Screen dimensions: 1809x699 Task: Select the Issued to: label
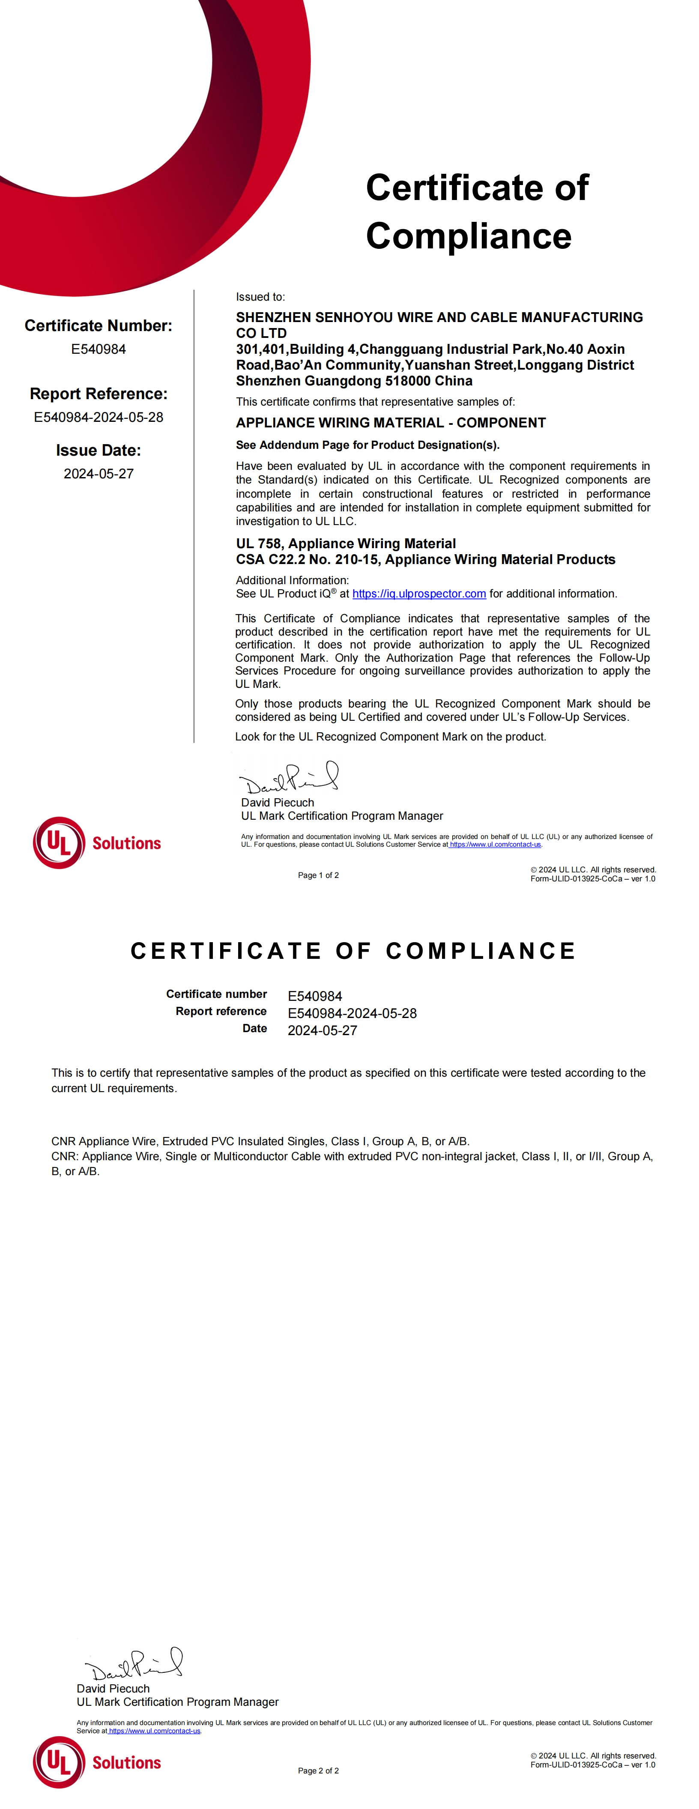point(260,297)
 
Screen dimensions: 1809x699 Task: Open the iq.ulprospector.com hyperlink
point(419,594)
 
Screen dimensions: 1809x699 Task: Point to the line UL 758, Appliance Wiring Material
point(346,543)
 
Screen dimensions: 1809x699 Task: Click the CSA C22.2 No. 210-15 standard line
point(425,560)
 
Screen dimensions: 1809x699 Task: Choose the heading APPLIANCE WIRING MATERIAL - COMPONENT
point(391,423)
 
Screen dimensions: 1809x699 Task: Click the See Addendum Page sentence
point(367,445)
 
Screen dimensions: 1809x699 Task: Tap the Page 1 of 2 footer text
point(318,875)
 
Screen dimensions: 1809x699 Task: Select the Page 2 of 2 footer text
point(318,1770)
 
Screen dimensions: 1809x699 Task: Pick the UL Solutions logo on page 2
point(97,1763)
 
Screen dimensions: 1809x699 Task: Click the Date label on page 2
point(254,1029)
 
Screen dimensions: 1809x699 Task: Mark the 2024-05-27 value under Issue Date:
point(99,474)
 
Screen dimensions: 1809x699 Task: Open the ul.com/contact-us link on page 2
point(155,1731)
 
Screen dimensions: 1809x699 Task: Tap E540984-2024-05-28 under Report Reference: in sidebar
point(99,417)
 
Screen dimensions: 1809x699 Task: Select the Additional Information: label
point(292,580)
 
